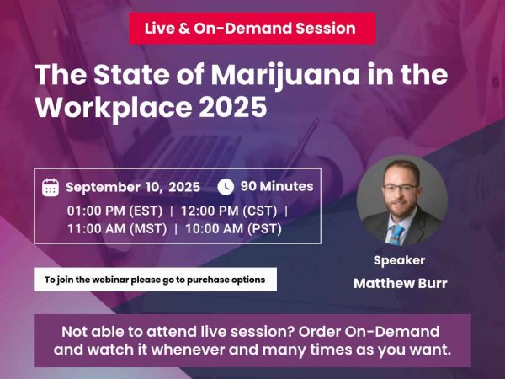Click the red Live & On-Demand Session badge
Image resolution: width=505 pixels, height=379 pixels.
click(252, 28)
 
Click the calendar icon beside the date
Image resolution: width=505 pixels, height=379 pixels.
click(50, 187)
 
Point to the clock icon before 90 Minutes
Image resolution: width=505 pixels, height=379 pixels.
click(226, 187)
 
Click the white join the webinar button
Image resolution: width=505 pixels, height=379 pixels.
click(155, 280)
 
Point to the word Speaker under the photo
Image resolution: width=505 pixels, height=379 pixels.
click(399, 260)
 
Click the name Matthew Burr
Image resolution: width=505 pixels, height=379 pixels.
click(400, 283)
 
